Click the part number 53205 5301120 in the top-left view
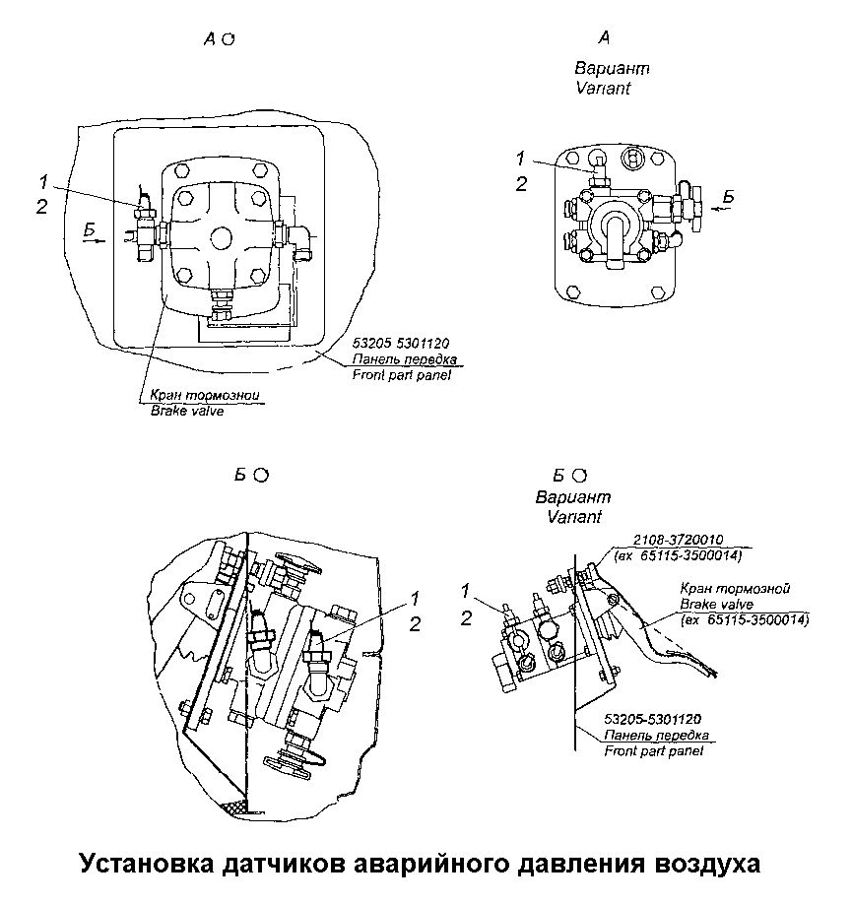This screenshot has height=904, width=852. [x=400, y=343]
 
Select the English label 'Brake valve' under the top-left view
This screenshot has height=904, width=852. [x=187, y=411]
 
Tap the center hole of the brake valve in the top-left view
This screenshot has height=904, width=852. [x=220, y=238]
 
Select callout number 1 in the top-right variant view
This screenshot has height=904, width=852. [x=521, y=159]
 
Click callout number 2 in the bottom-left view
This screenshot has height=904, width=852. [x=415, y=623]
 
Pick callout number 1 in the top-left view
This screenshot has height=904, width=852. [x=43, y=181]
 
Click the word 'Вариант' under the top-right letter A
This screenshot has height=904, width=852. [x=612, y=70]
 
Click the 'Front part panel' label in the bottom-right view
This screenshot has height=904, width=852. [x=653, y=751]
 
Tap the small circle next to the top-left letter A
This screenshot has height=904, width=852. [x=228, y=39]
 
